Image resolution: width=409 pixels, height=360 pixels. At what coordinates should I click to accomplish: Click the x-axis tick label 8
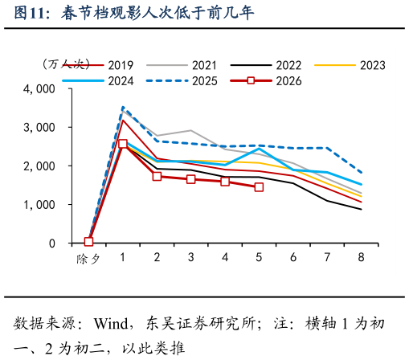pos(361,257)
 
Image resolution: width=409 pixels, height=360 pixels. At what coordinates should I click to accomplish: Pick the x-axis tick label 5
pos(259,257)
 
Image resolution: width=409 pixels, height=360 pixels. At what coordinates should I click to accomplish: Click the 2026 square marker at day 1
pos(122,145)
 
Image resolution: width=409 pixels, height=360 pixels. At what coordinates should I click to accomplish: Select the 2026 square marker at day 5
pos(259,187)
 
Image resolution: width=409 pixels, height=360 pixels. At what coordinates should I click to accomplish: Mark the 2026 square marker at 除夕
pos(88,241)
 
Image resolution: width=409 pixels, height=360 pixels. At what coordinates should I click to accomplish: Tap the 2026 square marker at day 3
pos(190,179)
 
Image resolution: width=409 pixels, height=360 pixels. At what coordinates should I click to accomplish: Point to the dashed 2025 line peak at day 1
pos(122,107)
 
